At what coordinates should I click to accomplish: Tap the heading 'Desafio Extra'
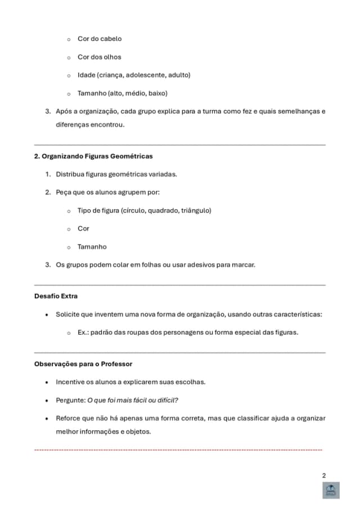coord(56,296)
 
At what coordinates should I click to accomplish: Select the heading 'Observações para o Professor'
coord(83,363)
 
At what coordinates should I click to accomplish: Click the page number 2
coord(323,475)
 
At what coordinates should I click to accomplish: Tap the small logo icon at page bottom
coord(331,490)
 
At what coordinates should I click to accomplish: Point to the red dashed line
coord(178,450)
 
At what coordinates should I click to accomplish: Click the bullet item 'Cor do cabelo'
coord(100,39)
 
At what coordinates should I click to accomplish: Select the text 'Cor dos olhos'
coord(100,57)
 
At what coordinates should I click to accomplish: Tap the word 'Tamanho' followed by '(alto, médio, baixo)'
coord(92,93)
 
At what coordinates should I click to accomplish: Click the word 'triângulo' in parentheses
coord(196,210)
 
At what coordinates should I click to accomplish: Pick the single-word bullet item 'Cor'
coord(83,228)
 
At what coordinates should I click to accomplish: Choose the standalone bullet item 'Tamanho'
coord(92,246)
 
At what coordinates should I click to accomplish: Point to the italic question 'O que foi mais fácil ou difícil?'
coord(133,400)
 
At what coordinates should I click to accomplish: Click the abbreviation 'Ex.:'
coord(83,332)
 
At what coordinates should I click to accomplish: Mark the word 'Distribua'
coord(70,174)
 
